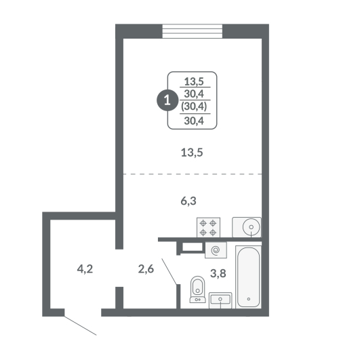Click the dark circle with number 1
point(167,100)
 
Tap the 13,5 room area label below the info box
point(192,153)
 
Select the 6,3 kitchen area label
point(188,201)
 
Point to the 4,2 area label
point(85,269)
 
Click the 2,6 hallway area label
point(146,269)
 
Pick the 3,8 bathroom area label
point(218,273)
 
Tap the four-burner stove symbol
point(208,227)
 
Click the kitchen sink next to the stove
point(247,227)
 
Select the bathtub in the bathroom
point(248,277)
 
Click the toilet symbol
point(198,289)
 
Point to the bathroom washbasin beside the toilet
point(220,300)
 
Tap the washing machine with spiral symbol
point(216,250)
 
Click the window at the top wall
point(193,31)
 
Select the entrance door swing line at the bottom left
point(80,325)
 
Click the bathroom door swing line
point(169,272)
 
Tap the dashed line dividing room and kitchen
point(193,174)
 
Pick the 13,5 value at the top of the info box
point(194,81)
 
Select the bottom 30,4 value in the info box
point(194,121)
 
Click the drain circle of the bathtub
point(248,299)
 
